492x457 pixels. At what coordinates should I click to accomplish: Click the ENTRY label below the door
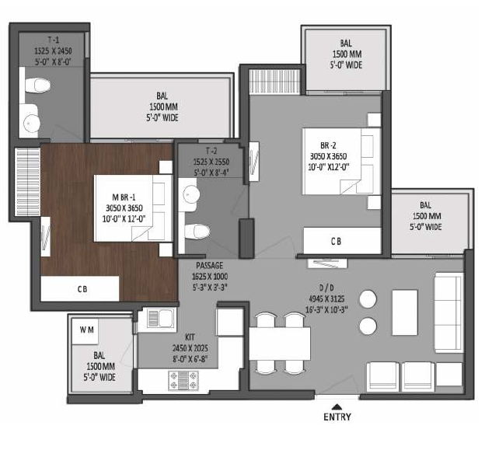[x=337, y=417]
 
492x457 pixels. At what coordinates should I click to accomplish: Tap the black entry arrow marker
[x=337, y=406]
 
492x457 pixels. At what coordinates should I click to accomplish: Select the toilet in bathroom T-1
[x=37, y=85]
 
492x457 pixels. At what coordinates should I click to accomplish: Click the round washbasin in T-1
[x=32, y=124]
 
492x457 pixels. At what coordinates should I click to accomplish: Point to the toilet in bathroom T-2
[x=197, y=232]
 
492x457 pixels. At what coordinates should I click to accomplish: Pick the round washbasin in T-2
[x=191, y=194]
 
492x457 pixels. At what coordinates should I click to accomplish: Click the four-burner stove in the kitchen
[x=183, y=380]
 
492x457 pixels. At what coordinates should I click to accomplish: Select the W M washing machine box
[x=85, y=331]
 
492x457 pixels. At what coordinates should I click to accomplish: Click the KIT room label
[x=190, y=337]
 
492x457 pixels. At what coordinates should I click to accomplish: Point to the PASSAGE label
[x=210, y=265]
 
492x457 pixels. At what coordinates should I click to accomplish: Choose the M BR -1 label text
[x=124, y=197]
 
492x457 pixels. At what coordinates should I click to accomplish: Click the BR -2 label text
[x=328, y=145]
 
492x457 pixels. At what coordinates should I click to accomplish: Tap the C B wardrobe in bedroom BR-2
[x=342, y=241]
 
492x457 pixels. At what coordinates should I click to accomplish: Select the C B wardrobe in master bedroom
[x=80, y=288]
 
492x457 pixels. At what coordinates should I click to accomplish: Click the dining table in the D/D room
[x=280, y=344]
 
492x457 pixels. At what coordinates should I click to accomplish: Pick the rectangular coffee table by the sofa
[x=405, y=312]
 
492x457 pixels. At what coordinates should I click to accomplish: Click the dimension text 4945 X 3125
[x=326, y=298]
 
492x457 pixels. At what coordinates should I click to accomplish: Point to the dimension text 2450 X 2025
[x=190, y=348]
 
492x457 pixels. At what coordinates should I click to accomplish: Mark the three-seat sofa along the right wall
[x=448, y=312]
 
